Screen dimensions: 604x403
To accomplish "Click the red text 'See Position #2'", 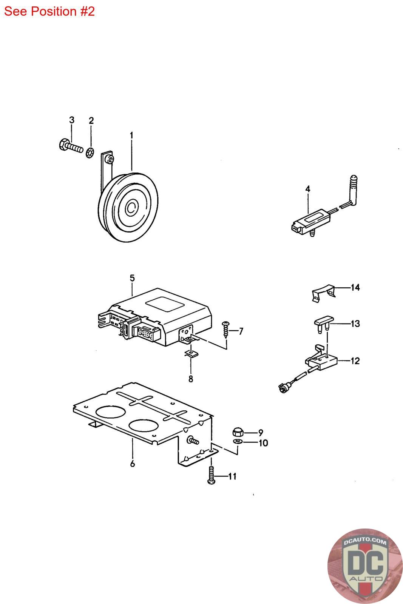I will click(x=49, y=11).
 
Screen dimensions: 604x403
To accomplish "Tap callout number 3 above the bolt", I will click(x=72, y=120).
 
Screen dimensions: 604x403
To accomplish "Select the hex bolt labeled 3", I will click(x=71, y=146).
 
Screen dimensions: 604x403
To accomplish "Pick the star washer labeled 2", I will click(x=90, y=153).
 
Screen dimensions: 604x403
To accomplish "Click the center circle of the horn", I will click(x=132, y=207).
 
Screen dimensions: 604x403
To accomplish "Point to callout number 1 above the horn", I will click(x=131, y=135).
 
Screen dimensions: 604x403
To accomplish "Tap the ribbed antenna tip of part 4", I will click(x=354, y=185).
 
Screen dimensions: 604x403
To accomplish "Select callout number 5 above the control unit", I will click(x=132, y=278).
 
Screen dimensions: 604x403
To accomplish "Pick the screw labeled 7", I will click(x=226, y=329).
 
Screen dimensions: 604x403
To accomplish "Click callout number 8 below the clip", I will click(x=191, y=378).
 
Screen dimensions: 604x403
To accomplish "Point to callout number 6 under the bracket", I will click(x=133, y=463).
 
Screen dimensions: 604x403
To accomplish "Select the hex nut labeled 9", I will click(x=237, y=432).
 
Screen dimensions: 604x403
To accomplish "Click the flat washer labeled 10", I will click(x=238, y=442).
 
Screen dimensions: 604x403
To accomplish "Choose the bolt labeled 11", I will click(x=211, y=475).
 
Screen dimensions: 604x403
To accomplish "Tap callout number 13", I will click(x=355, y=324).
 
